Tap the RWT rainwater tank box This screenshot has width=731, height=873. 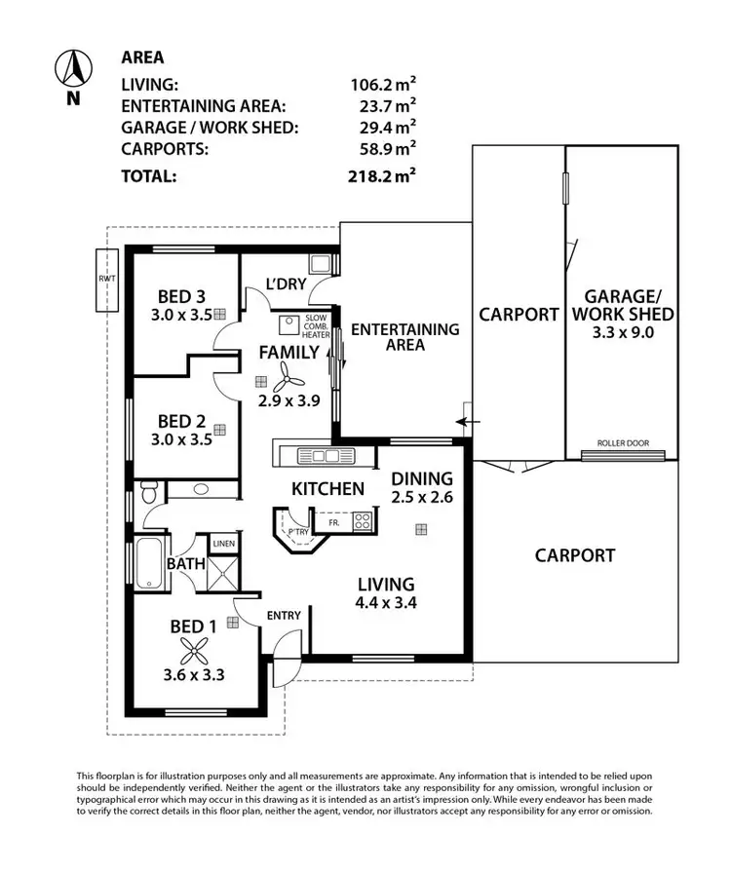[x=104, y=281]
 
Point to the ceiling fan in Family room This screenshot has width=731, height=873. [x=283, y=375]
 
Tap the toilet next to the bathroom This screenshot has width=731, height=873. [x=149, y=494]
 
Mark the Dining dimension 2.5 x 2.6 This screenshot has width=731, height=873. [x=422, y=498]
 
